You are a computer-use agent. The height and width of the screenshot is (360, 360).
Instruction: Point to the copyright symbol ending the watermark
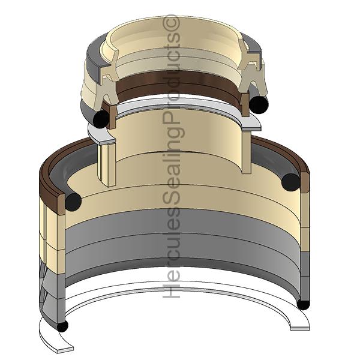[172, 23]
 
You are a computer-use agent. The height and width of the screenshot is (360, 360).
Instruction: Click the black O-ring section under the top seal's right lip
[259, 104]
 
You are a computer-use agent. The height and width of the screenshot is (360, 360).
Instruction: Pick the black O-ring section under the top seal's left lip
[101, 119]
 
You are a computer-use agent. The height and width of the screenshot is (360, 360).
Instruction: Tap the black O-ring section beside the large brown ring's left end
[73, 202]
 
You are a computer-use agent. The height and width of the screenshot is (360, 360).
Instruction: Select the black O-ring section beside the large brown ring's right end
[292, 182]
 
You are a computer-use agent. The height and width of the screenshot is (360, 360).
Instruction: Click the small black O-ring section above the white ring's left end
[62, 326]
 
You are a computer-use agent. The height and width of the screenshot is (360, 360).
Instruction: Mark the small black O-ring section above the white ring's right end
[303, 304]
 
